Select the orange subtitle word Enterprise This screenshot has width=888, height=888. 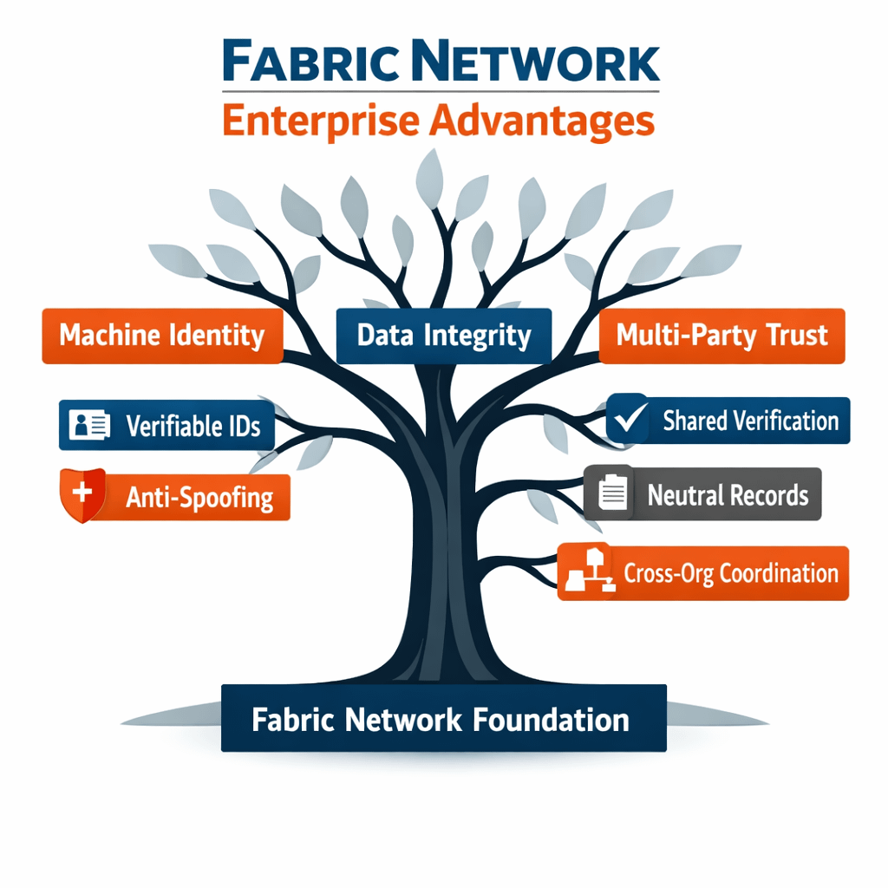320,121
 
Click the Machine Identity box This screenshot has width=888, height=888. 162,336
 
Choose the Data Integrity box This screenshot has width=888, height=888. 443,336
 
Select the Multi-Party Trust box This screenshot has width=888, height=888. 721,336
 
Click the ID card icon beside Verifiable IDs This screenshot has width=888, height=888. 89,425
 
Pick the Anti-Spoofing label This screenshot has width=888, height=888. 199,497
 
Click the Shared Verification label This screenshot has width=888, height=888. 750,421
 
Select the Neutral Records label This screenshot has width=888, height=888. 728,494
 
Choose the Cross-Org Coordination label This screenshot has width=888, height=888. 731,573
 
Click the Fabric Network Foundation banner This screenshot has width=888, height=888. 443,718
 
